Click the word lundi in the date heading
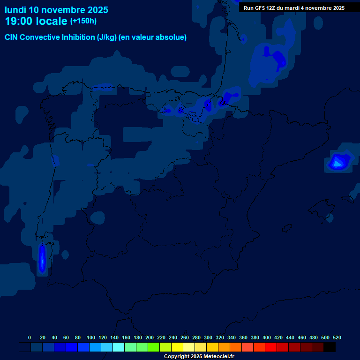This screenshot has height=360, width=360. tap(15, 10)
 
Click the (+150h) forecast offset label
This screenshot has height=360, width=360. tap(83, 21)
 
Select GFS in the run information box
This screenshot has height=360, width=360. tap(260, 8)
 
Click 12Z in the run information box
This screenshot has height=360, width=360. tap(272, 8)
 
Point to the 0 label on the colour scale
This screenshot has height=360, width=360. tap(30, 337)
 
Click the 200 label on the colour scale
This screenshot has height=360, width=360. tap(150, 337)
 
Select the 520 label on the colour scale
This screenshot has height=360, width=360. tap(337, 337)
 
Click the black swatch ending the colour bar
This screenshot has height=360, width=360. tap(330, 347)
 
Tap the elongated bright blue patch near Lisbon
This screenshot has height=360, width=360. tap(42, 259)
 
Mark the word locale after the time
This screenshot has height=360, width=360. tap(51, 22)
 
